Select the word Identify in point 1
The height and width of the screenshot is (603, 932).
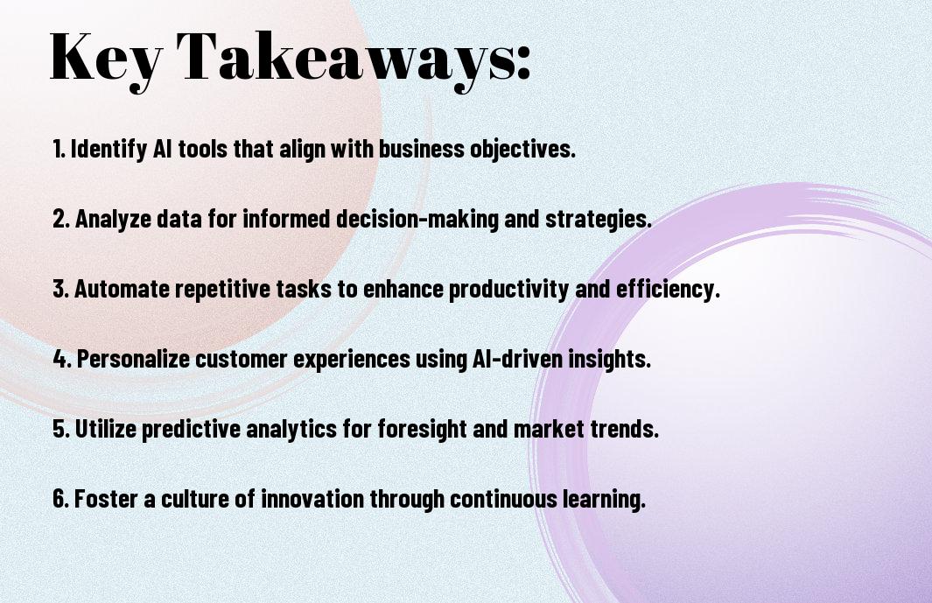(x=108, y=150)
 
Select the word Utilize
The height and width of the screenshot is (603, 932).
(x=106, y=429)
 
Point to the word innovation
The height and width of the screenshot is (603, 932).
(x=312, y=498)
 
